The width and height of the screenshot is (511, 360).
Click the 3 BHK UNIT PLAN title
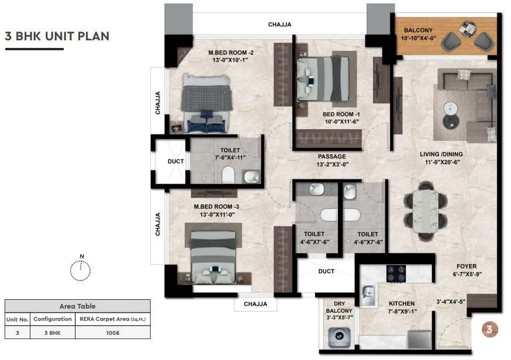coord(57,36)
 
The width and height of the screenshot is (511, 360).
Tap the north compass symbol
coord(81,269)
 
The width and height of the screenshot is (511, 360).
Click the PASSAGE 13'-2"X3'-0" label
coord(332,161)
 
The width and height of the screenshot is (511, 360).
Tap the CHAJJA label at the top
coord(279,25)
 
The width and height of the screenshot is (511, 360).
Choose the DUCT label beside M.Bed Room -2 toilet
coord(175,161)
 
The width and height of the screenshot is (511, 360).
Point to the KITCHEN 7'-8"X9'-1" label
coord(402,307)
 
